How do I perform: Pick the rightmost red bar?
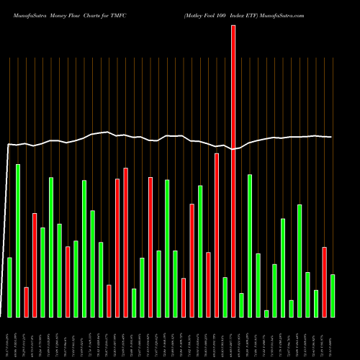[x=325, y=282]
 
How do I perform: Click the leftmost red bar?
[x=26, y=302]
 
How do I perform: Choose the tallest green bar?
[x=18, y=240]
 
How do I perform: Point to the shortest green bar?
[x=266, y=313]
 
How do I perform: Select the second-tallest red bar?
[x=217, y=235]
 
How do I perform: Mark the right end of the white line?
[x=331, y=137]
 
